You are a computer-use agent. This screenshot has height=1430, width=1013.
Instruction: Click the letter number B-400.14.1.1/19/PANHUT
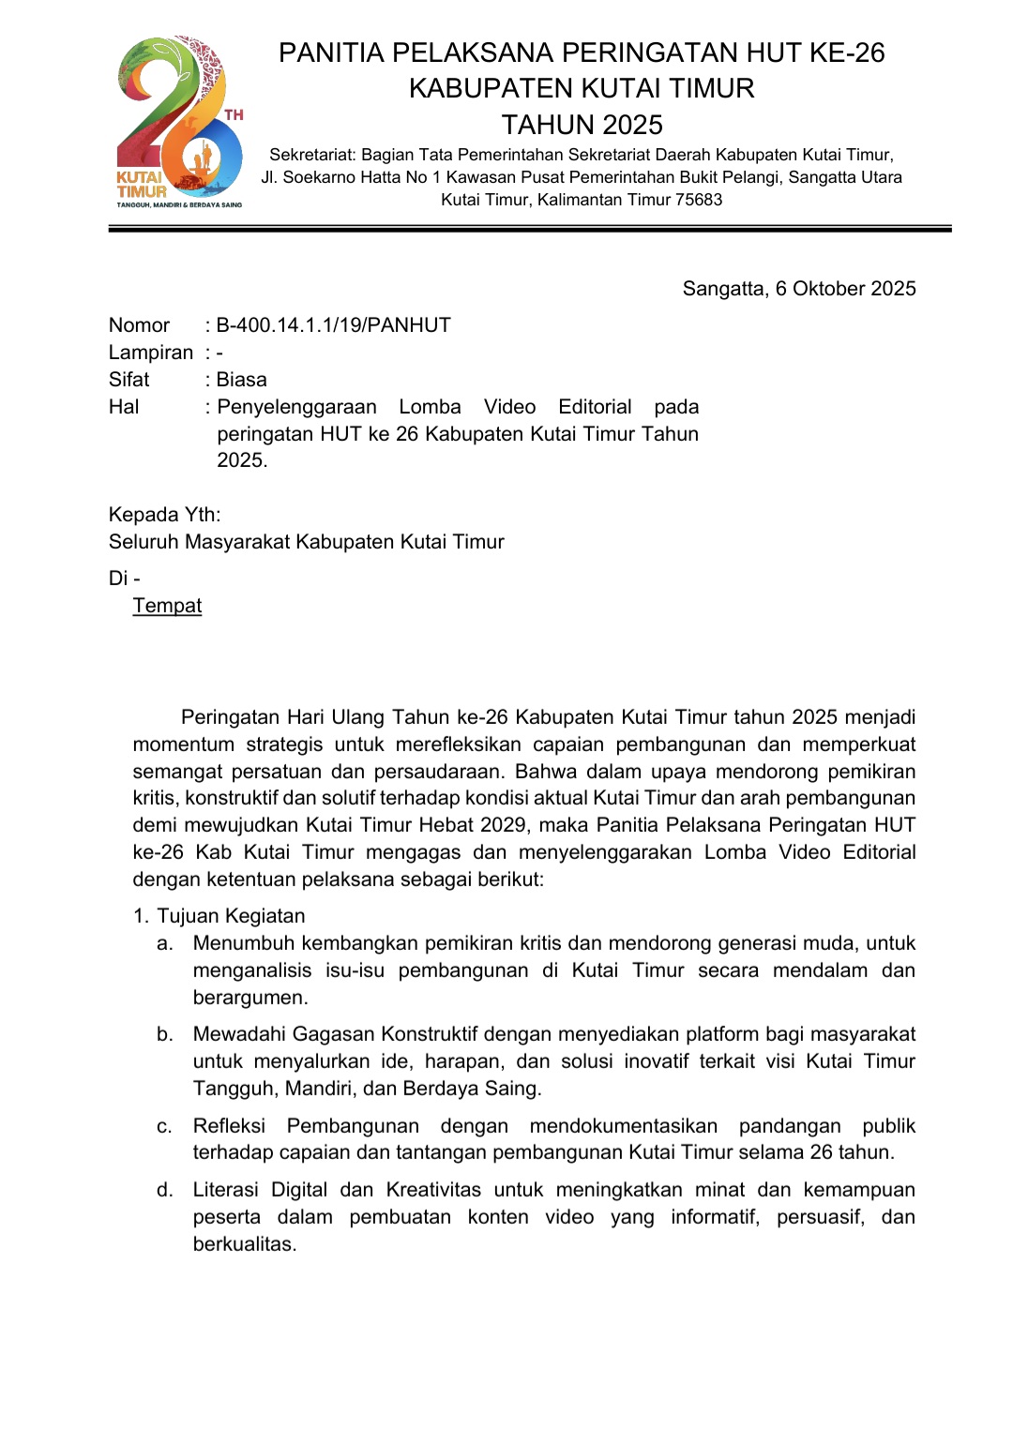click(333, 325)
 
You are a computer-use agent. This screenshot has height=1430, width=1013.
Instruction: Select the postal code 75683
click(699, 200)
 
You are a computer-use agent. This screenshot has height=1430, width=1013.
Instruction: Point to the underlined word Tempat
click(167, 606)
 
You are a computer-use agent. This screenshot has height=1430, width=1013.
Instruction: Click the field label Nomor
click(139, 325)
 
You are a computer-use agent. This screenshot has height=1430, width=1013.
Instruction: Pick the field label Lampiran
click(150, 353)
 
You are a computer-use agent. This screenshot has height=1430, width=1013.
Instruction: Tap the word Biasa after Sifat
click(241, 380)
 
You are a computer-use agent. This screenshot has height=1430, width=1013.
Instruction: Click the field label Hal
click(124, 407)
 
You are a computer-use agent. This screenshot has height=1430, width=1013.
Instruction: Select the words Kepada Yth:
click(164, 515)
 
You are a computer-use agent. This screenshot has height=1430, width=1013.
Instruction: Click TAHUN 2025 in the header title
click(582, 125)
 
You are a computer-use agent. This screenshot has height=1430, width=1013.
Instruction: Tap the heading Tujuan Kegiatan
click(231, 916)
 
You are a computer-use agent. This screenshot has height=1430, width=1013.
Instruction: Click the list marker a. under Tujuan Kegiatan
click(165, 943)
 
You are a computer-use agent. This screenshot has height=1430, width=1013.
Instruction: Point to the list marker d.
click(165, 1190)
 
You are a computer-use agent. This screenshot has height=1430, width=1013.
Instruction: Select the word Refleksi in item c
click(229, 1126)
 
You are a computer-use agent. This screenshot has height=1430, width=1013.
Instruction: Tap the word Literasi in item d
click(226, 1190)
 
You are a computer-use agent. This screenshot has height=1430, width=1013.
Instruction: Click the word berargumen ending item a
click(249, 998)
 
